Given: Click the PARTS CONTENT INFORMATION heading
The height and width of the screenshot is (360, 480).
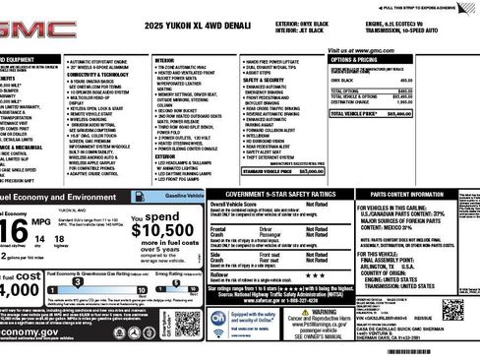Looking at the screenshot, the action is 417,195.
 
